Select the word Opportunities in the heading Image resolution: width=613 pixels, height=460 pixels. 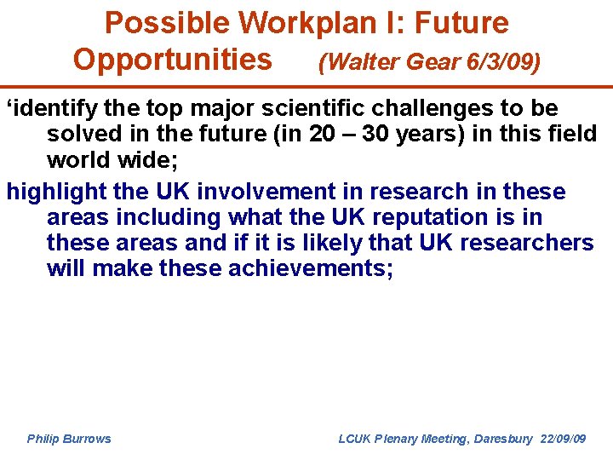[x=173, y=60]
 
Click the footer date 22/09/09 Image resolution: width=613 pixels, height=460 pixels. [x=562, y=439]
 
